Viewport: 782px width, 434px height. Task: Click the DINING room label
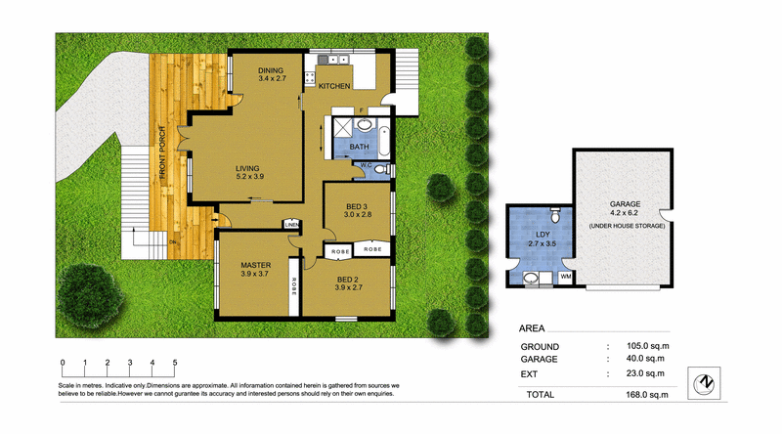[271, 70]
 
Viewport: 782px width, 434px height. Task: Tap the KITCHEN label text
[334, 86]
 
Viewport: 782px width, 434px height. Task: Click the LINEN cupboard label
[291, 224]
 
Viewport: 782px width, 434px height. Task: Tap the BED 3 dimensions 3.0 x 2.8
[358, 215]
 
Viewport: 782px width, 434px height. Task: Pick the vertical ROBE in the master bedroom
[293, 289]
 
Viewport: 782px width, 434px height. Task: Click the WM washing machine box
[566, 278]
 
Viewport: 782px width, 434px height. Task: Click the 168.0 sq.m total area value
[638, 395]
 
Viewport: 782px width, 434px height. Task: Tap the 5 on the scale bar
[175, 363]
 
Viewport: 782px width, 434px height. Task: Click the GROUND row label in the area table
[540, 347]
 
